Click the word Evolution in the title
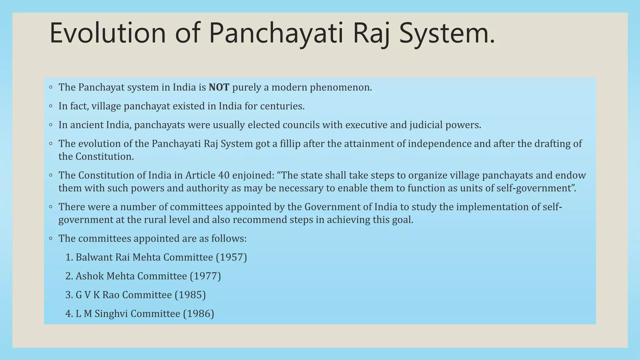pos(107,33)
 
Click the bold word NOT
pos(219,87)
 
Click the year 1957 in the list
pos(232,257)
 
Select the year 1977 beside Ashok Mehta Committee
pos(205,276)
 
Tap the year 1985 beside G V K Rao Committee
pos(190,295)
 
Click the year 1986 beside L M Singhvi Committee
pos(198,313)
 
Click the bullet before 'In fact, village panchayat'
pos(51,106)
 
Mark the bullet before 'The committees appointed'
pos(51,238)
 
